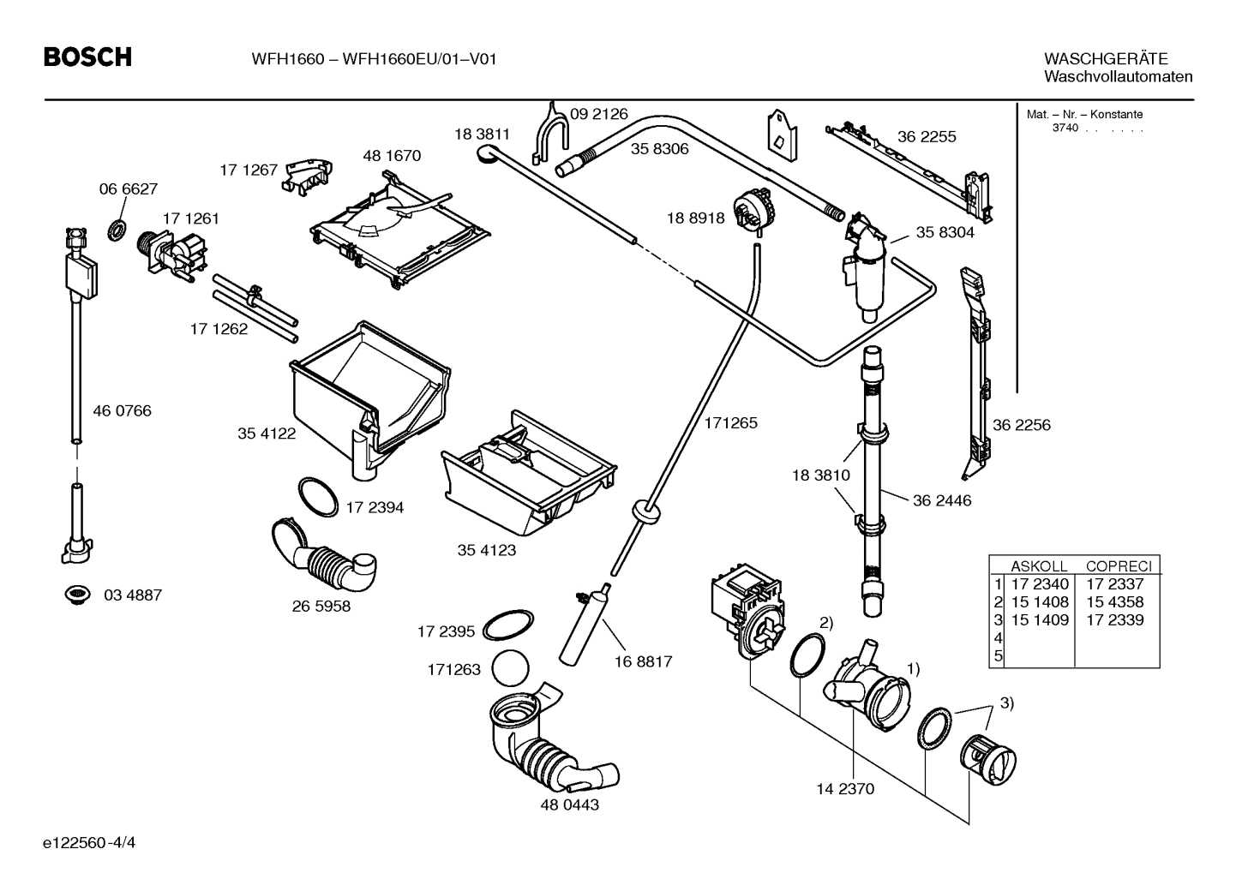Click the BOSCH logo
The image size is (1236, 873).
pyautogui.click(x=87, y=57)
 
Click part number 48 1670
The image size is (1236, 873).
pyautogui.click(x=392, y=156)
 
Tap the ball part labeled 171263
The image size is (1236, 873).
pyautogui.click(x=513, y=667)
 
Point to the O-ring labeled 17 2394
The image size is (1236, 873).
pyautogui.click(x=318, y=497)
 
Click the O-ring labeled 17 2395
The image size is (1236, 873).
pyautogui.click(x=508, y=625)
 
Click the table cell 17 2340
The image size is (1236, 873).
pyautogui.click(x=1040, y=584)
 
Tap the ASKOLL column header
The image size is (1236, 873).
pyautogui.click(x=1039, y=566)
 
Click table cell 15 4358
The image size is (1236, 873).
pyautogui.click(x=1114, y=602)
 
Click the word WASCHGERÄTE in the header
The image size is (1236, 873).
pyautogui.click(x=1105, y=59)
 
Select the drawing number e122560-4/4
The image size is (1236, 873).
pyautogui.click(x=89, y=842)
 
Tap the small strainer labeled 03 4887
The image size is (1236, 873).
pyautogui.click(x=78, y=594)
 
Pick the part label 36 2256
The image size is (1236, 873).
pyautogui.click(x=1021, y=425)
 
